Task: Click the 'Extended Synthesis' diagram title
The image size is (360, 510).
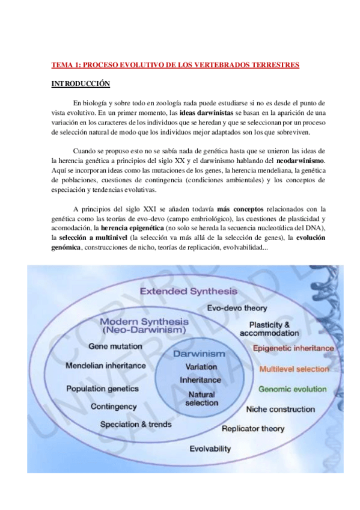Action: pyautogui.click(x=188, y=291)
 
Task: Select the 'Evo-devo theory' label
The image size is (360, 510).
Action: pyautogui.click(x=237, y=308)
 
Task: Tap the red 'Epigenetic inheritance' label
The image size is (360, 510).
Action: pyautogui.click(x=293, y=348)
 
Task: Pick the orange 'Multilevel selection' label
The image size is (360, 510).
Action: pyautogui.click(x=294, y=369)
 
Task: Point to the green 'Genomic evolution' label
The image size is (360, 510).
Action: pyautogui.click(x=293, y=389)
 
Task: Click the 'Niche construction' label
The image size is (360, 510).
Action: pyautogui.click(x=280, y=409)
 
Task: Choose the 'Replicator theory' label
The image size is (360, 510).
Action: pyautogui.click(x=253, y=429)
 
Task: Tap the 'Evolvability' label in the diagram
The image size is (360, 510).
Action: pyautogui.click(x=210, y=449)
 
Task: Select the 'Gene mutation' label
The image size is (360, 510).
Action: pyautogui.click(x=115, y=346)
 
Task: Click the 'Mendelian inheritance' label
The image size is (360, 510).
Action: pyautogui.click(x=105, y=365)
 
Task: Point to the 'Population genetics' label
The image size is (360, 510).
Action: pyautogui.click(x=103, y=389)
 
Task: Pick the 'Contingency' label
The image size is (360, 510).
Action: pyautogui.click(x=114, y=407)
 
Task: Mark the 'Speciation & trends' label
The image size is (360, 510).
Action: pyautogui.click(x=136, y=424)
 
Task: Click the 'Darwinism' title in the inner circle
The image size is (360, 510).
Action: pyautogui.click(x=199, y=354)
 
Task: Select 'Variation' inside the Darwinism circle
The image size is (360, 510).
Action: pyautogui.click(x=201, y=367)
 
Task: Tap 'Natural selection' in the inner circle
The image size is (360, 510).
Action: pyautogui.click(x=201, y=399)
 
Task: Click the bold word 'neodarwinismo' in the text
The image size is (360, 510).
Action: pyautogui.click(x=301, y=161)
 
